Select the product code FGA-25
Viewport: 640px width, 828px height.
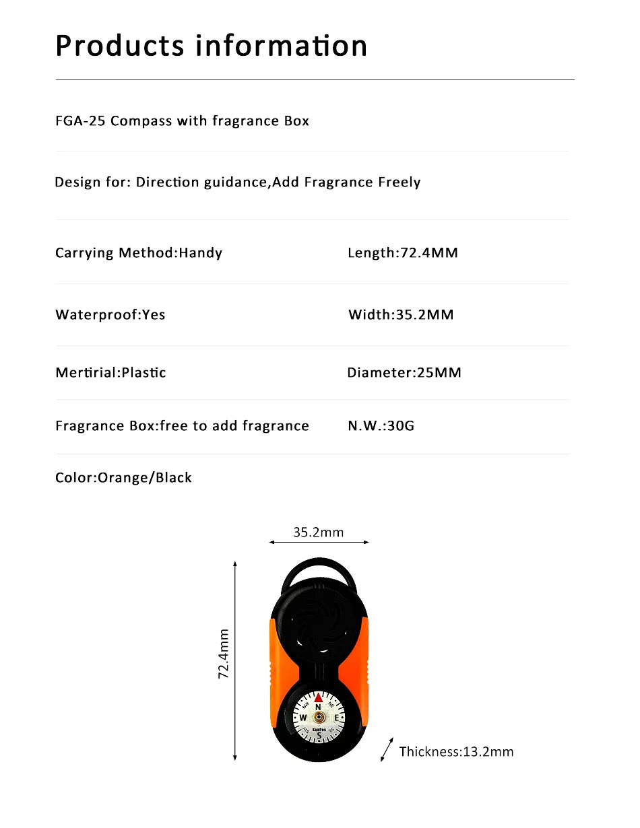[80, 121]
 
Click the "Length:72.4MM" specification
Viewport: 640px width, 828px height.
[402, 253]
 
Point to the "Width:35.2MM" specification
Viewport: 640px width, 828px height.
[401, 314]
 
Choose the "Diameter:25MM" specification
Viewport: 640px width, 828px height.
[404, 373]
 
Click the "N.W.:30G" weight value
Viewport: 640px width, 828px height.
[381, 426]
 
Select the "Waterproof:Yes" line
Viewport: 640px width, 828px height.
[110, 314]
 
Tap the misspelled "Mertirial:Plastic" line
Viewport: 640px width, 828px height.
[110, 373]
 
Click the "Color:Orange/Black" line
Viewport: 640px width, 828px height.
[123, 478]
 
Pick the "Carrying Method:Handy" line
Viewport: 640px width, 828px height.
[138, 253]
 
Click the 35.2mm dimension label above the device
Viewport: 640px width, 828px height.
[318, 532]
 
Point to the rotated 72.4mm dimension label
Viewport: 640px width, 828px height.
[224, 654]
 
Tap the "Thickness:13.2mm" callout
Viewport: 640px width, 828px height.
[456, 752]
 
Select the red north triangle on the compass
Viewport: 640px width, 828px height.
[319, 697]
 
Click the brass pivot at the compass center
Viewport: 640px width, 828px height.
[319, 718]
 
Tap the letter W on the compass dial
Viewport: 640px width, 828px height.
[303, 718]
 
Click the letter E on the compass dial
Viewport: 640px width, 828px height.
[335, 718]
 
